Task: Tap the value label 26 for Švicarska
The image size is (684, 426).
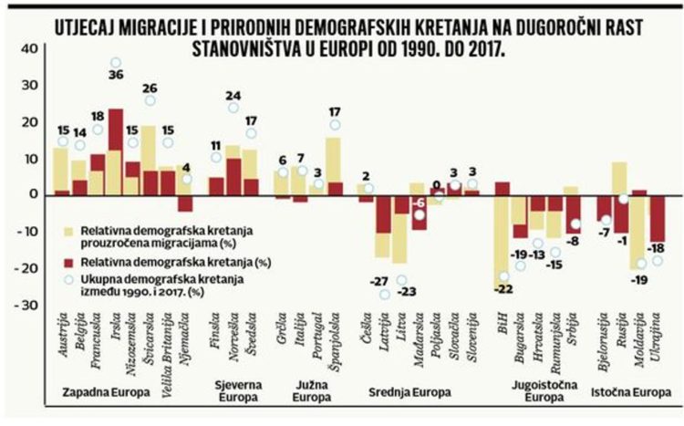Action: (x=149, y=88)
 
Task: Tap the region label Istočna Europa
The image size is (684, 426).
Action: (x=633, y=393)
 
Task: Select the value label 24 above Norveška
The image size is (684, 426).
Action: (x=233, y=95)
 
